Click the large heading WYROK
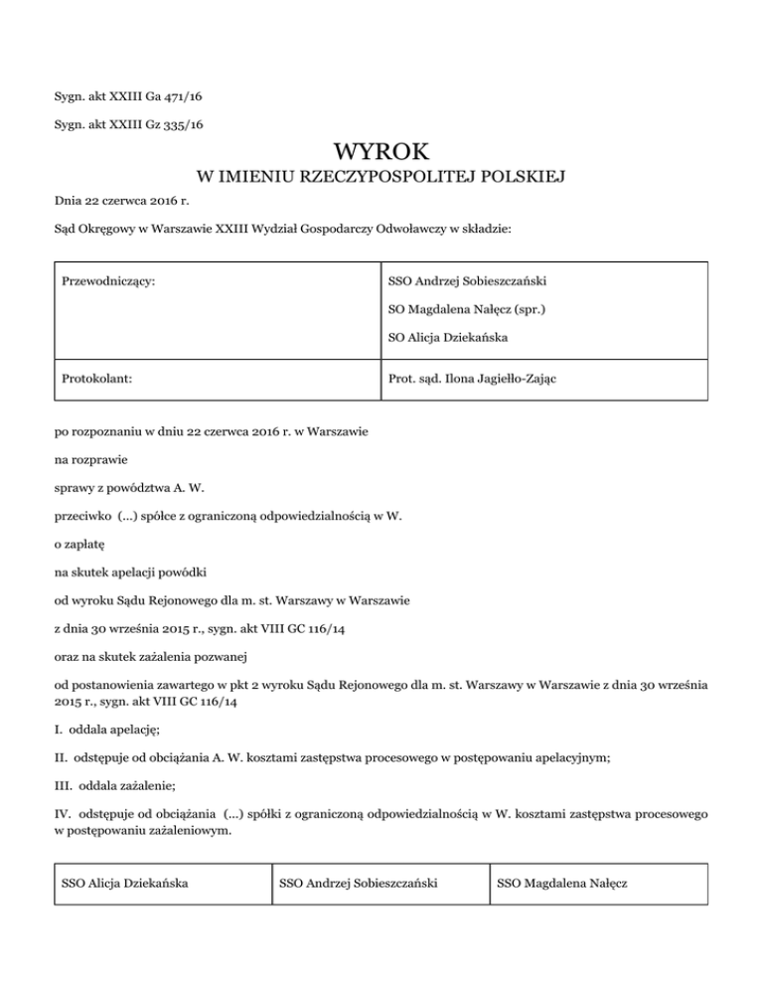(381, 152)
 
